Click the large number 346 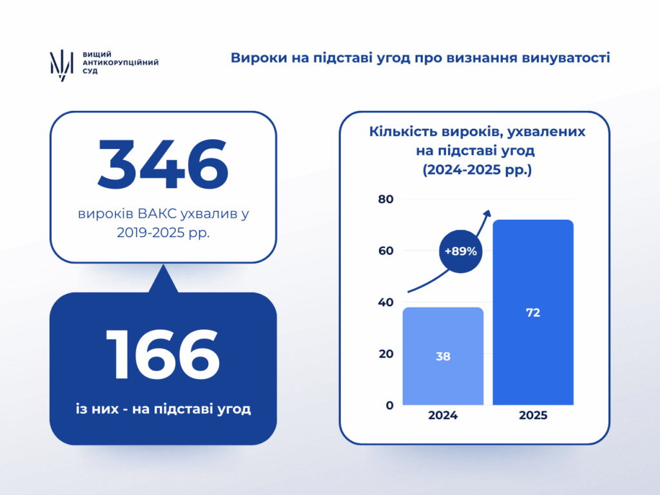click(163, 164)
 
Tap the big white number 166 click(163, 354)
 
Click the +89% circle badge click(460, 251)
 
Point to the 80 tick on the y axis click(385, 199)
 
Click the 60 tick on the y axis click(385, 251)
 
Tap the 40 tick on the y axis click(385, 302)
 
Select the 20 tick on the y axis click(385, 354)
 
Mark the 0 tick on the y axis click(389, 405)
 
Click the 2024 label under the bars click(443, 416)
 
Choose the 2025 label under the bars click(533, 416)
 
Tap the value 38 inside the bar click(443, 356)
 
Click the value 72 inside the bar click(533, 313)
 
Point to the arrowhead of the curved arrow click(487, 213)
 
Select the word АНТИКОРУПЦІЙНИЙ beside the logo click(121, 63)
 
